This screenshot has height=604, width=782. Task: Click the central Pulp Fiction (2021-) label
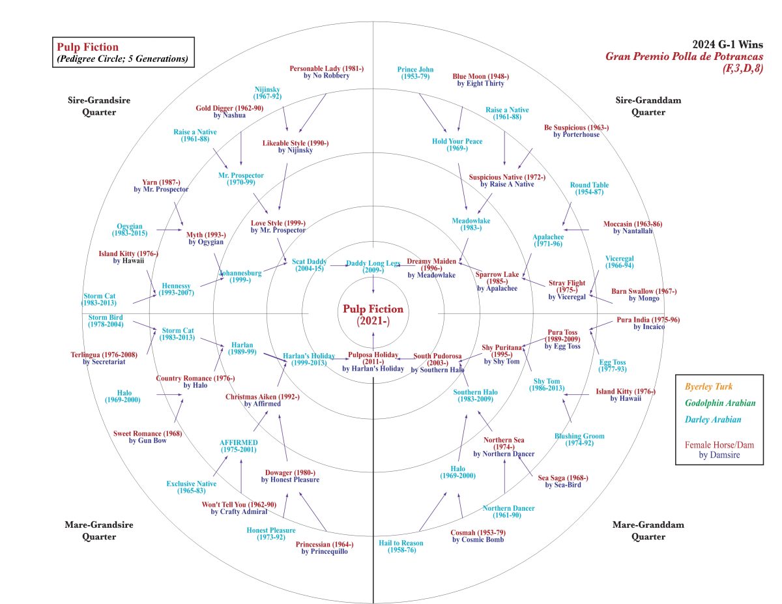[x=373, y=315]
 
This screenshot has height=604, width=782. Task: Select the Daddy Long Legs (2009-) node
[x=373, y=266]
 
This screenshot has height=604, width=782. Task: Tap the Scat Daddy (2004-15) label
[x=309, y=265]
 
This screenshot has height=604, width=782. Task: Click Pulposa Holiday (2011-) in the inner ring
[x=373, y=358]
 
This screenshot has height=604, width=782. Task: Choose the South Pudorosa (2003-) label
[x=438, y=360]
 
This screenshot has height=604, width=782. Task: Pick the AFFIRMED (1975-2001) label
[x=238, y=446]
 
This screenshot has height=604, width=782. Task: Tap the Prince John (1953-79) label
[x=415, y=73]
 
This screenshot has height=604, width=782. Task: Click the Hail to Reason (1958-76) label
[x=401, y=547]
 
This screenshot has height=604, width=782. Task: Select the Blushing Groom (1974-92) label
[x=579, y=440]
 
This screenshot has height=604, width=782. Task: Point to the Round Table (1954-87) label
[x=589, y=188]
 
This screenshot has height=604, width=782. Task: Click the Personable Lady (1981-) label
[x=326, y=72]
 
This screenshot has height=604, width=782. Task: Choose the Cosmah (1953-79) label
[x=477, y=536]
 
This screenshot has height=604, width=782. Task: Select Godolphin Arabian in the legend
[x=718, y=403]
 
